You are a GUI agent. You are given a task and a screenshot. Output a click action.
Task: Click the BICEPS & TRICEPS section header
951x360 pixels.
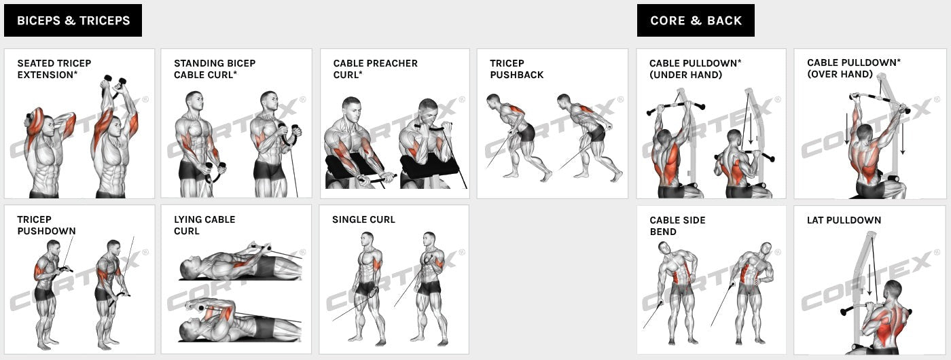click(73, 20)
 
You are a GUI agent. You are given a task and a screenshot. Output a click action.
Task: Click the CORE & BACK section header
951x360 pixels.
click(696, 20)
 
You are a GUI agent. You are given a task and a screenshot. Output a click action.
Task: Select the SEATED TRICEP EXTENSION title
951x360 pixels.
click(54, 69)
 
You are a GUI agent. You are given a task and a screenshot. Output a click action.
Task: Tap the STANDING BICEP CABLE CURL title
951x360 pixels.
click(215, 69)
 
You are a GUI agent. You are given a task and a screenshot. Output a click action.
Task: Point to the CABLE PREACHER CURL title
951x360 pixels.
click(375, 69)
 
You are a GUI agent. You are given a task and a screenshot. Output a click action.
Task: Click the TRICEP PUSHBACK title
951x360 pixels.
click(516, 69)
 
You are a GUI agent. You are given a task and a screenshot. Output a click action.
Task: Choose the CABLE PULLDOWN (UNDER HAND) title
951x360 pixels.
click(695, 69)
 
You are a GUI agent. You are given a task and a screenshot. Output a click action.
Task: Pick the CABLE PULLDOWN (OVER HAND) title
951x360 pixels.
click(853, 68)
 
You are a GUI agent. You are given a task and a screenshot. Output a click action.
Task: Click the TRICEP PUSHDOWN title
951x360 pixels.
click(46, 225)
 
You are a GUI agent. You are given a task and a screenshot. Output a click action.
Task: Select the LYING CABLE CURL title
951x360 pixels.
click(204, 225)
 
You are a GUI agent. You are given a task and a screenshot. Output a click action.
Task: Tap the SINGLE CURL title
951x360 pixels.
click(363, 219)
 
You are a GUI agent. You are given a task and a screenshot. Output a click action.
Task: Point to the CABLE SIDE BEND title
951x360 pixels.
click(677, 226)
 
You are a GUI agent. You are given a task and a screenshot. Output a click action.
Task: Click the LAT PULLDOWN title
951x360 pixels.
click(844, 220)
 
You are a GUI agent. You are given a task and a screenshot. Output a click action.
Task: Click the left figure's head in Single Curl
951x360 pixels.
click(367, 239)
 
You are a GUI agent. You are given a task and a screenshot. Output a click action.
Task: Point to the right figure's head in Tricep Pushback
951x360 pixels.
click(564, 101)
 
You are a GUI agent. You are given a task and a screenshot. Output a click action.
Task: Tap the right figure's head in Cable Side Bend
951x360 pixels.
click(766, 249)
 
